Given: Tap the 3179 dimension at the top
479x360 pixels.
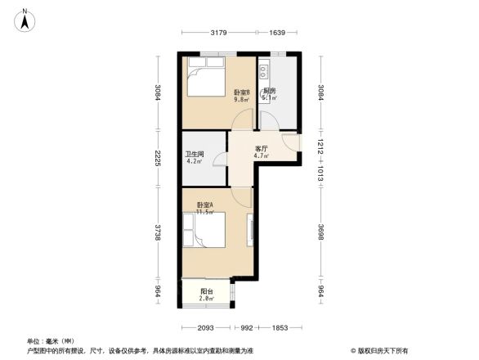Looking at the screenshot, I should pos(217,33).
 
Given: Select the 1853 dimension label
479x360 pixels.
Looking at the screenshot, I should pos(280,327).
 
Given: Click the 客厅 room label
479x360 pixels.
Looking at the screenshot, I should pos(262,149).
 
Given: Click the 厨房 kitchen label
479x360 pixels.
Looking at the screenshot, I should pos(269,92).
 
